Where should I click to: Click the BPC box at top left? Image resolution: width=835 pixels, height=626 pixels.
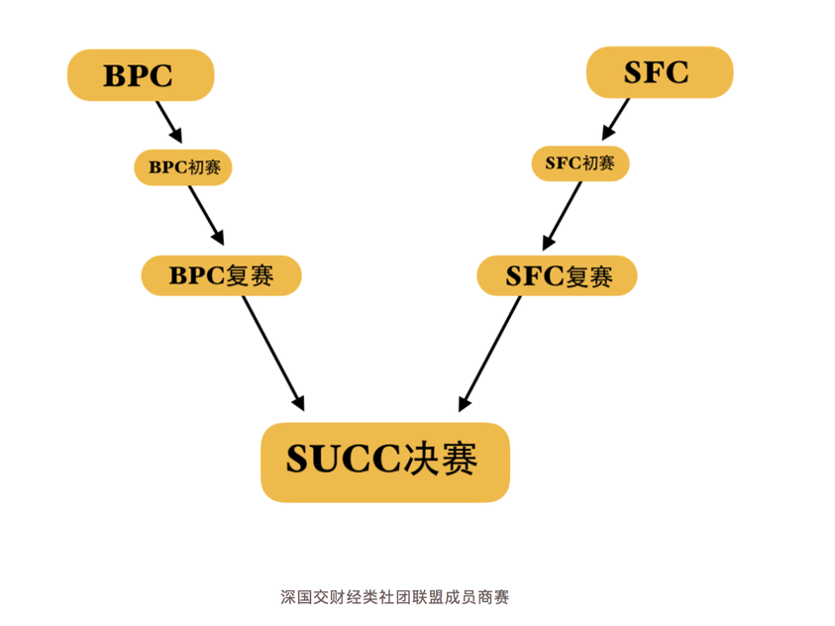[x=140, y=75]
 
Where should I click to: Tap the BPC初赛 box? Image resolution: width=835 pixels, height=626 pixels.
[x=182, y=166]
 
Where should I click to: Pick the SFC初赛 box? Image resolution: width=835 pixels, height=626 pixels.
[x=579, y=163]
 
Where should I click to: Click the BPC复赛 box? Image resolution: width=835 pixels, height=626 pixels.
[x=220, y=275]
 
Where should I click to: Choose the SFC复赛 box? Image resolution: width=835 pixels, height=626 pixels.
[x=557, y=275]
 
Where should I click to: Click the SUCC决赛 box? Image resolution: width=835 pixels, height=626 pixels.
[x=384, y=462]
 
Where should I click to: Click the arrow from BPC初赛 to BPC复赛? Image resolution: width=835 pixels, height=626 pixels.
[x=206, y=214]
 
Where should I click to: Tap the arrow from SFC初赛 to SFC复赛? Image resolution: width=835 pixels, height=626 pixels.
[x=562, y=215]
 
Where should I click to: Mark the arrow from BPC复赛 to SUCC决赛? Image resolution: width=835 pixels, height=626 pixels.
[x=272, y=352]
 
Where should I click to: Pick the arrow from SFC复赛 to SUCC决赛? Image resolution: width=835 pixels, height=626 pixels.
[x=490, y=353]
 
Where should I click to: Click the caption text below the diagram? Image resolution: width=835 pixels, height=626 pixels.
[x=394, y=597]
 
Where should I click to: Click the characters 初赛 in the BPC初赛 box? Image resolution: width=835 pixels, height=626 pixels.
[x=207, y=166]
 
